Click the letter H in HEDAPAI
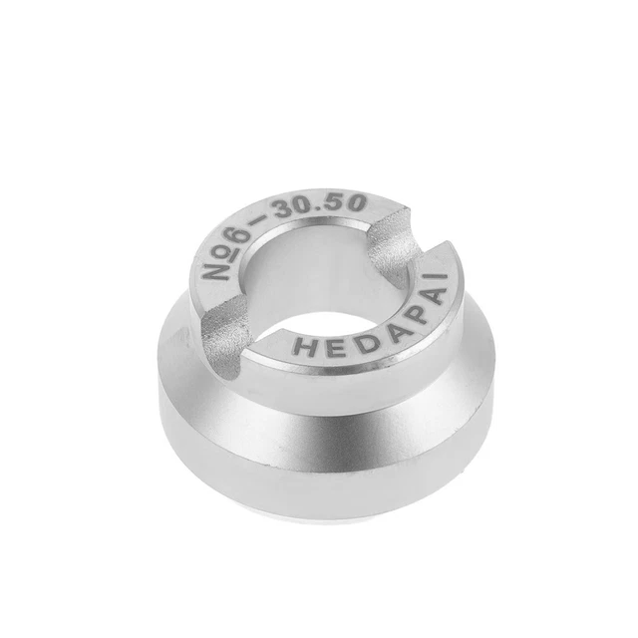303,348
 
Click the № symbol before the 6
219,264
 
